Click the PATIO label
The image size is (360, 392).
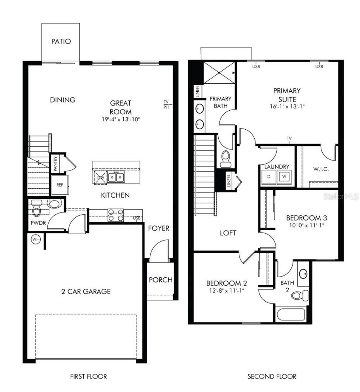[61, 41]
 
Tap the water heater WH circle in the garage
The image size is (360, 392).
[36, 240]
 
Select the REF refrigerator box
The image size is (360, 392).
[60, 185]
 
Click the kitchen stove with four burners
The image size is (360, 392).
[116, 215]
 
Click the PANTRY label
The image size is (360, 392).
[56, 164]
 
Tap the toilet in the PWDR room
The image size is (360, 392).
[36, 211]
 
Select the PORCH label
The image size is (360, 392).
[161, 280]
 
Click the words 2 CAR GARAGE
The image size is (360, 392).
[84, 291]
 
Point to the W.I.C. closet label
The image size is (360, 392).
[321, 169]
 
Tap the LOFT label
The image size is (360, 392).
[228, 233]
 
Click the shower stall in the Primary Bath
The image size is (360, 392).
[219, 73]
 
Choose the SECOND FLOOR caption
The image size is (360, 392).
[271, 377]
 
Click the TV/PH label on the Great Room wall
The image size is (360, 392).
[166, 104]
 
